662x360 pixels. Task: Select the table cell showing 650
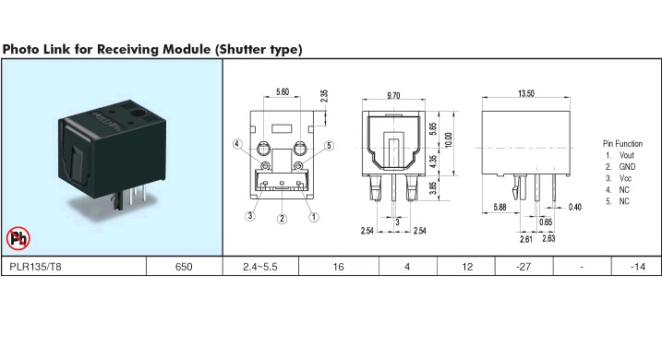coord(184,267)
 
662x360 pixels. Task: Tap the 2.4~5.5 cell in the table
coord(260,267)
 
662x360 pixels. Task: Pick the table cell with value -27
coord(524,267)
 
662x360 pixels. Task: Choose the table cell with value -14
coord(637,267)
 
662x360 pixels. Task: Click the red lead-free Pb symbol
coord(18,238)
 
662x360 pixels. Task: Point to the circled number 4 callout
coord(237,144)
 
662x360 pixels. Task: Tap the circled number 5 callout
coord(330,146)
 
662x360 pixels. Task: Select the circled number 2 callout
coord(282,219)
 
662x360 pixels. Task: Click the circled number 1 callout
coord(314,217)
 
